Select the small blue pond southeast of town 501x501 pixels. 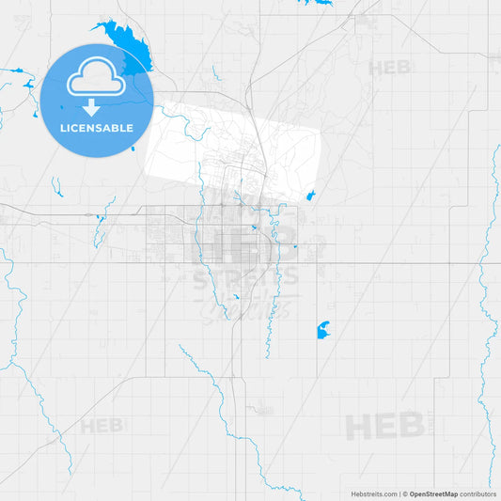point(322,331)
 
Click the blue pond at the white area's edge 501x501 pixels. point(308,196)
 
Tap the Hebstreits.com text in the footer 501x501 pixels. point(373,493)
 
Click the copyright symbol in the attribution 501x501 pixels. point(405,493)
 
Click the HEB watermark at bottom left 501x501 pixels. point(102,426)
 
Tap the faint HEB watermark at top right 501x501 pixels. point(389,68)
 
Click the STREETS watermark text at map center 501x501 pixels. point(246,277)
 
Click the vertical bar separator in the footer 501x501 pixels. point(399,493)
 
